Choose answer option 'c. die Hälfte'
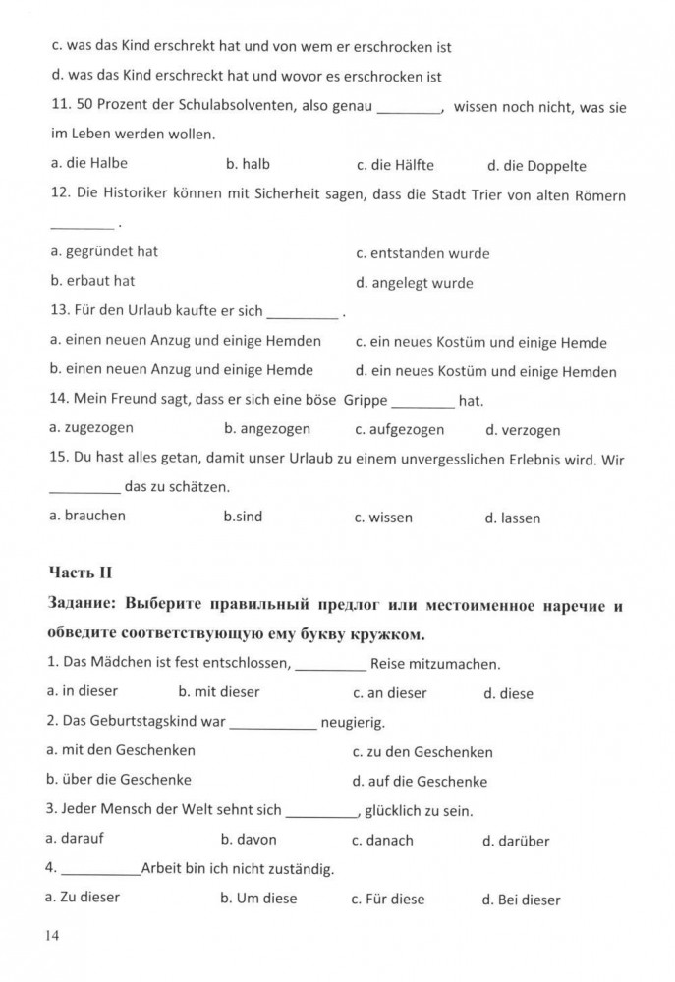(395, 165)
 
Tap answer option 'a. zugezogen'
(90, 428)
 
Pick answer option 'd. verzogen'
(523, 430)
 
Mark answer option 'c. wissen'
(383, 518)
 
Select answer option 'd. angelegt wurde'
(414, 283)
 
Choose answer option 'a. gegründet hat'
(103, 251)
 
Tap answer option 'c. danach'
(382, 841)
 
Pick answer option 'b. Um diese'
(258, 898)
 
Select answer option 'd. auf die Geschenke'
(420, 782)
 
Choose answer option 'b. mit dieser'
(219, 691)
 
